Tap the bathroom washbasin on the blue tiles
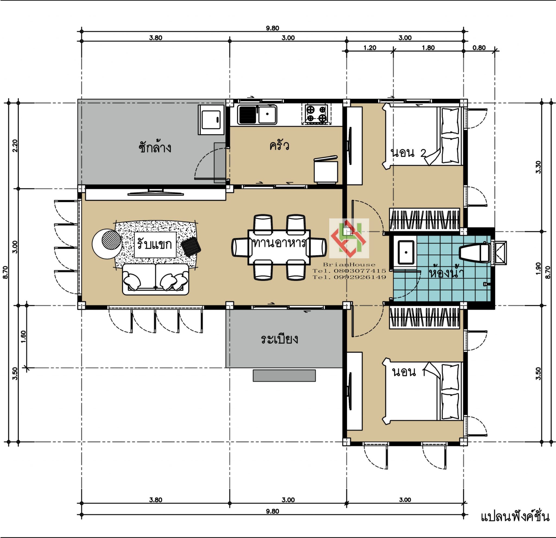pyautogui.click(x=406, y=252)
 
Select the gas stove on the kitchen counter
pyautogui.click(x=316, y=114)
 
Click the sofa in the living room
pyautogui.click(x=156, y=279)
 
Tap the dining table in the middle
pyautogui.click(x=279, y=247)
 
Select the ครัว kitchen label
pyautogui.click(x=279, y=145)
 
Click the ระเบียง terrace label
pyautogui.click(x=279, y=339)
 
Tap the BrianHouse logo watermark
pyautogui.click(x=349, y=238)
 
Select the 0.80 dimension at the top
pyautogui.click(x=479, y=48)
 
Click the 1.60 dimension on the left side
pyautogui.click(x=23, y=337)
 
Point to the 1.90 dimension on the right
pyautogui.click(x=539, y=268)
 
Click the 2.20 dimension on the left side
pyautogui.click(x=15, y=146)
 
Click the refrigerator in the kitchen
pyautogui.click(x=326, y=170)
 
